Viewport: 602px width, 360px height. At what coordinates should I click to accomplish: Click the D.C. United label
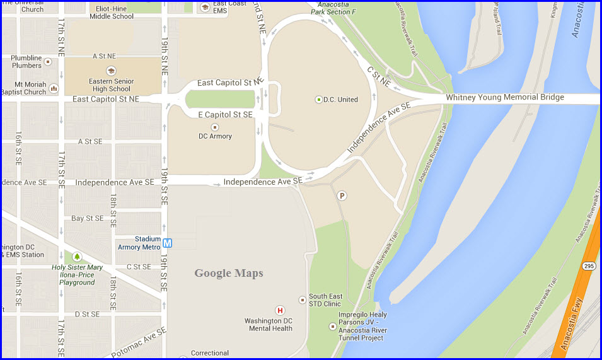pos(340,100)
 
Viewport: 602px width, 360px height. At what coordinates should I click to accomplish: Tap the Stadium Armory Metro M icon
pos(168,243)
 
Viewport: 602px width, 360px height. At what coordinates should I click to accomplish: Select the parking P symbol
pos(342,195)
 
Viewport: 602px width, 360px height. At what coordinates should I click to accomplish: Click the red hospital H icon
pos(280,310)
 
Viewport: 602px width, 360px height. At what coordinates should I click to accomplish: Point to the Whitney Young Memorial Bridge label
pos(505,98)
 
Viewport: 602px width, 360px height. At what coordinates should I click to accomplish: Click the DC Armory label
pos(215,136)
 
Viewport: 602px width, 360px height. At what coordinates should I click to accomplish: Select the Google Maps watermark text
pos(228,273)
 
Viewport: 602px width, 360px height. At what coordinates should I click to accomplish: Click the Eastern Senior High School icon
pos(111,71)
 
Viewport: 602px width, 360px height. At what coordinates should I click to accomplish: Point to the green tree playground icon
pos(77,257)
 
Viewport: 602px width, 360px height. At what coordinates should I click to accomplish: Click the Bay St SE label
pos(87,218)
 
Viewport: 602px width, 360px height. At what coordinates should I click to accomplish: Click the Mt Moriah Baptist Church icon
pos(54,89)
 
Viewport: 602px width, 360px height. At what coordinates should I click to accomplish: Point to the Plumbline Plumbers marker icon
pos(48,62)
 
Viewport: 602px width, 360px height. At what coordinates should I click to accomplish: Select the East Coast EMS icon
pos(204,7)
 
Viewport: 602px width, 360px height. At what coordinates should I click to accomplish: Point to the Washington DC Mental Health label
pos(269,325)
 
